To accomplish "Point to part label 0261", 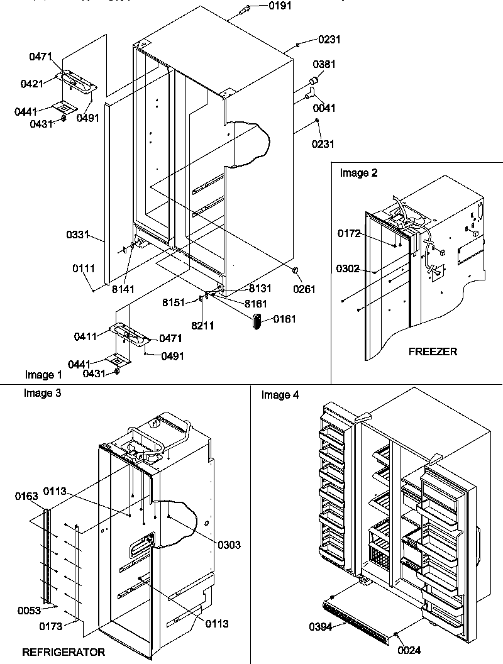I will pyautogui.click(x=304, y=289).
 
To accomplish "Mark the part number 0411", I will pyautogui.click(x=86, y=336).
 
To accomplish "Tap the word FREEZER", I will pyautogui.click(x=433, y=351).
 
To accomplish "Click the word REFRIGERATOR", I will pyautogui.click(x=64, y=652).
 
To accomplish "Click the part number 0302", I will pyautogui.click(x=348, y=268).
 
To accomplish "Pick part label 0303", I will pyautogui.click(x=229, y=544).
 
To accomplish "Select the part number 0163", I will pyautogui.click(x=26, y=497).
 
